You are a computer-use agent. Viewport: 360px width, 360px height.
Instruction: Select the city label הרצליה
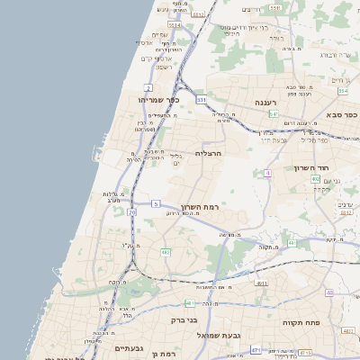coord(209,153)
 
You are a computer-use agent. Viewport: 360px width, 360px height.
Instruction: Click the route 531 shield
coord(201,99)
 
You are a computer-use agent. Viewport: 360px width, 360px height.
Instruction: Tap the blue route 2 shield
coord(147,86)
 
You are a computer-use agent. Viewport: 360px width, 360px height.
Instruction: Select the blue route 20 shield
coord(131,211)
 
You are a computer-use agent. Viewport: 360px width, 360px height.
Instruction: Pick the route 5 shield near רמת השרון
coord(156,204)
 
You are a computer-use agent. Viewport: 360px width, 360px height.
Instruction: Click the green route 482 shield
coord(166,252)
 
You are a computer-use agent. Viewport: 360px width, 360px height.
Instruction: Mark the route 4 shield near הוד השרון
coord(267,172)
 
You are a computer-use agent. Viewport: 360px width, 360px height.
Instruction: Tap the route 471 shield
coord(256,350)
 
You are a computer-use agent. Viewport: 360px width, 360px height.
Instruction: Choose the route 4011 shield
coord(262,283)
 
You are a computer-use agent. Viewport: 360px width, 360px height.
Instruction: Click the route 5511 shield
coord(174,26)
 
